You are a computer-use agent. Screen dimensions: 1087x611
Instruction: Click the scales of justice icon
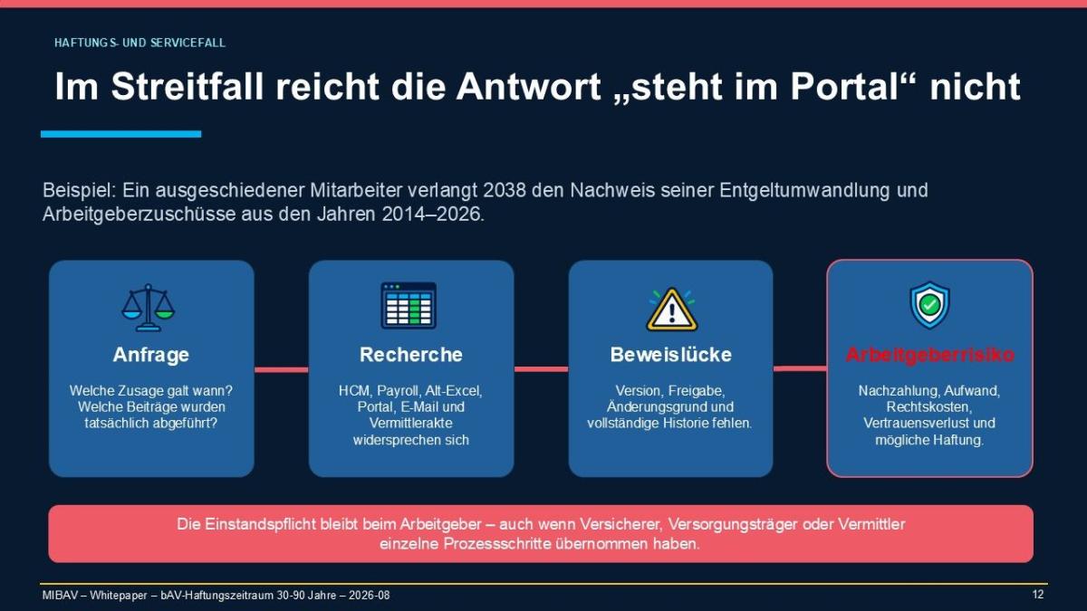tap(149, 308)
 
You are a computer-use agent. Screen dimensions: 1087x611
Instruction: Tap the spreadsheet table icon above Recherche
tap(409, 306)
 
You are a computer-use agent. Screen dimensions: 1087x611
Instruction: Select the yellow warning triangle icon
tap(671, 310)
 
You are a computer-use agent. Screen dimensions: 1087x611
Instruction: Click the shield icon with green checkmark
tap(929, 305)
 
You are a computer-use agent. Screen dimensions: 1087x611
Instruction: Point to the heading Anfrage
tap(151, 355)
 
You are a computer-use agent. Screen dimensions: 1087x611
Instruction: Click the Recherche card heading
tap(411, 355)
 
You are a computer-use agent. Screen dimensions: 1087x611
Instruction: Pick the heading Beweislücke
tap(670, 355)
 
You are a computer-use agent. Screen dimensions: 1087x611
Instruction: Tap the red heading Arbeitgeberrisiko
tap(929, 355)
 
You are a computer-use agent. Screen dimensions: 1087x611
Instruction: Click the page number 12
tap(1037, 595)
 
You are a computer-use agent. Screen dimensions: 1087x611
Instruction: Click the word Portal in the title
tap(845, 86)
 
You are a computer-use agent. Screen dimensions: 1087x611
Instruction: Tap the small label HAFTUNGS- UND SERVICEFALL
tap(139, 43)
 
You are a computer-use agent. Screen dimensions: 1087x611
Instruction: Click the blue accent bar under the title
tap(120, 134)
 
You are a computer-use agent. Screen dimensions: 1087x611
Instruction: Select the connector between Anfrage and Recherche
tap(282, 370)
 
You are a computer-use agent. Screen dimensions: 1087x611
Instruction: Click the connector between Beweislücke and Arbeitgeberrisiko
tap(800, 368)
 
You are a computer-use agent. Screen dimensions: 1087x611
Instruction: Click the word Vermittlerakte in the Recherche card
tap(411, 423)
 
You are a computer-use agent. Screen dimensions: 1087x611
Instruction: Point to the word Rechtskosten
tap(928, 406)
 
